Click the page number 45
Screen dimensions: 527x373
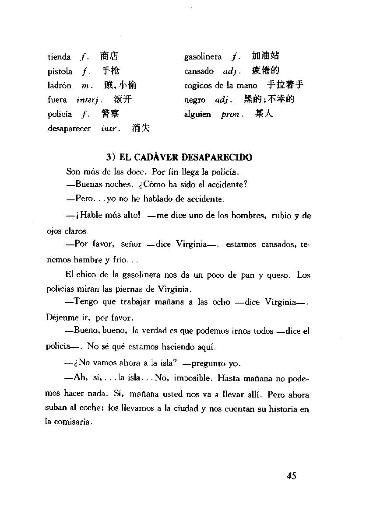292,476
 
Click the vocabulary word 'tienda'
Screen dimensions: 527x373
59,57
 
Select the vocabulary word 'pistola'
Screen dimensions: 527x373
60,71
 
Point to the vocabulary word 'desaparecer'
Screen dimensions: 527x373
69,129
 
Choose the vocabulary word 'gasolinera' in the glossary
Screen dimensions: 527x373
203,57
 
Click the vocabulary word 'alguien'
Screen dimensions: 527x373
197,115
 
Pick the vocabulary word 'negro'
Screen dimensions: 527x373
195,100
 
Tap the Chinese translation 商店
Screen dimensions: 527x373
109,56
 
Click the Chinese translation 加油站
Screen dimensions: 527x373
265,56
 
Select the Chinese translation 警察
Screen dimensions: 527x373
110,114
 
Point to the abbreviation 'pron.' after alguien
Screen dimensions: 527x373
231,115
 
